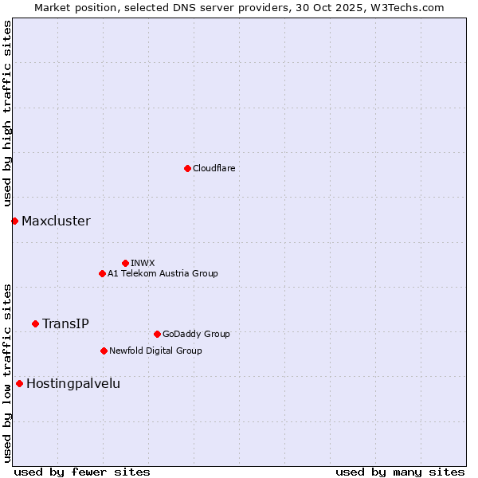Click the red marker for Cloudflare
click(187, 168)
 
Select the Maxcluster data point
click(14, 221)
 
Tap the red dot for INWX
click(125, 263)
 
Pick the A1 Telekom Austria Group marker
click(102, 273)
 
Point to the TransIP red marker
click(35, 323)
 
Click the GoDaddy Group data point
click(157, 334)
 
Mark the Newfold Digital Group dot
click(104, 351)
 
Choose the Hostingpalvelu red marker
click(19, 383)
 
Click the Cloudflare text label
click(214, 168)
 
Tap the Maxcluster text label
click(56, 221)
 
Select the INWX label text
click(143, 263)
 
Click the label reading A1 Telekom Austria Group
click(163, 273)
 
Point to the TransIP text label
click(65, 323)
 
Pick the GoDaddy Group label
click(196, 334)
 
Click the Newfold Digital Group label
click(155, 351)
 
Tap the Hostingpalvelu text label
click(73, 383)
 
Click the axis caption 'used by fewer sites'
click(82, 472)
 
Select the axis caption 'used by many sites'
click(400, 472)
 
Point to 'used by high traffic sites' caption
click(7, 114)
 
